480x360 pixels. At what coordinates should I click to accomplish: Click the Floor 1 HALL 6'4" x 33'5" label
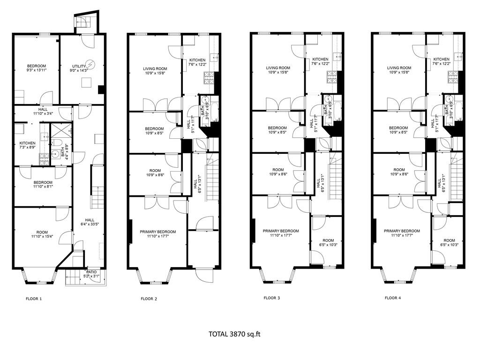[89, 222]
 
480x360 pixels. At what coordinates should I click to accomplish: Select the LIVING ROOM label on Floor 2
[155, 71]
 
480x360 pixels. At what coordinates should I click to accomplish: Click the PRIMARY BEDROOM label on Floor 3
[280, 233]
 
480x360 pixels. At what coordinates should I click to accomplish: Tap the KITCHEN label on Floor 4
[441, 61]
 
